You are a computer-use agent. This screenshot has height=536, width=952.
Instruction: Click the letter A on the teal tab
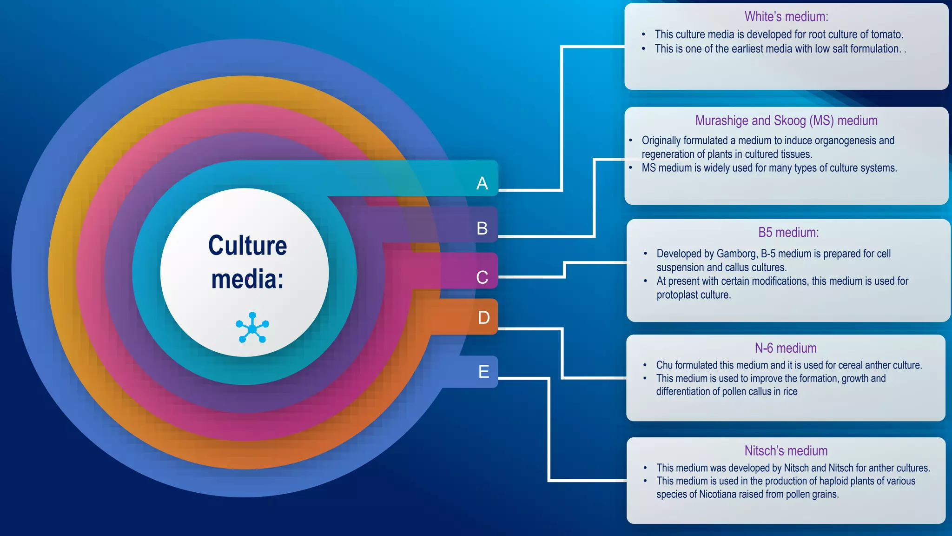click(482, 183)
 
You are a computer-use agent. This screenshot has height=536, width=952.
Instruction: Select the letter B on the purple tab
click(482, 228)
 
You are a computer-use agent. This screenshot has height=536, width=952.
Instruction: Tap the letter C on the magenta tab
click(482, 277)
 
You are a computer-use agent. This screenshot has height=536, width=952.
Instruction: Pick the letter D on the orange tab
click(484, 318)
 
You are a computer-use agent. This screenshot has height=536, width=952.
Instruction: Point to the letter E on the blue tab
click(484, 371)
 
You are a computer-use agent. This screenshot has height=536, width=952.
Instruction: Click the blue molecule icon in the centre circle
click(252, 328)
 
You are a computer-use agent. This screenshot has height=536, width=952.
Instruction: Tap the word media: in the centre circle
click(247, 279)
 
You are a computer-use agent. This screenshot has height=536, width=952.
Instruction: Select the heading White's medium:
click(786, 17)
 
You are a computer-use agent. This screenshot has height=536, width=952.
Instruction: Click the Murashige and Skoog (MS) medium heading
click(786, 121)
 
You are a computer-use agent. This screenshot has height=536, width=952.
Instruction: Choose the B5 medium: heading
click(788, 232)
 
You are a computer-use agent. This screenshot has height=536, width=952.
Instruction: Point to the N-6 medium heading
click(786, 348)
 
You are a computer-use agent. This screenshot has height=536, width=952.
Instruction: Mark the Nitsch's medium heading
click(786, 451)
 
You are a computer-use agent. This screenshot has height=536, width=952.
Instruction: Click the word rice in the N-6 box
click(790, 392)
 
